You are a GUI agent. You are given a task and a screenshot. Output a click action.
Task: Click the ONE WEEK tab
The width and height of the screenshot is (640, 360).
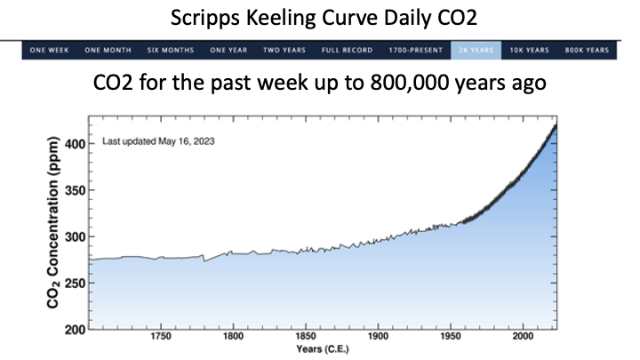click(x=50, y=51)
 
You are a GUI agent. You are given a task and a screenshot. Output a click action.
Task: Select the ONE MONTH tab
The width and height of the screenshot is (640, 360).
click(x=108, y=51)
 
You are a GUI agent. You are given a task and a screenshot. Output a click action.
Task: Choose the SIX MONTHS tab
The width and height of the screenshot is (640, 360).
click(x=171, y=51)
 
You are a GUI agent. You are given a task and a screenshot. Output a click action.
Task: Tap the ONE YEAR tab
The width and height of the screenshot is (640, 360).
click(x=228, y=51)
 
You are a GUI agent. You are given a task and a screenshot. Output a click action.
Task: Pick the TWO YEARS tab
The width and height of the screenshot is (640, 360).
click(x=284, y=51)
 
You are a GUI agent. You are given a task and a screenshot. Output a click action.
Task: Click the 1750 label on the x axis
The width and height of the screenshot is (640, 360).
click(x=161, y=338)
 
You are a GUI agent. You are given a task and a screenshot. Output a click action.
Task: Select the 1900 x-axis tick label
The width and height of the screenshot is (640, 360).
click(x=378, y=338)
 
